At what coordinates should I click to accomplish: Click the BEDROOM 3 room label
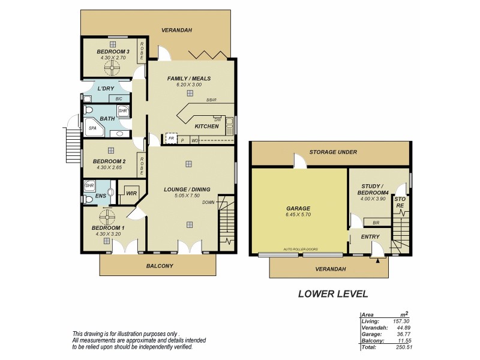click(x=113, y=52)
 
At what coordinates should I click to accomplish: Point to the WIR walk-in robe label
click(x=131, y=193)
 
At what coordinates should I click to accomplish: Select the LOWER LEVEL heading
click(x=333, y=294)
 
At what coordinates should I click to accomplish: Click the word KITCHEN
click(x=207, y=126)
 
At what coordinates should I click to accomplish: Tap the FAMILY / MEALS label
click(x=188, y=79)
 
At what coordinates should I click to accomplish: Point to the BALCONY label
click(x=160, y=266)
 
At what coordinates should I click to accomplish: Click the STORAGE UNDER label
click(x=333, y=152)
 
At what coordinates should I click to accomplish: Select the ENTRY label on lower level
click(x=370, y=237)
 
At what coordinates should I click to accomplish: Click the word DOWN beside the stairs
click(x=208, y=203)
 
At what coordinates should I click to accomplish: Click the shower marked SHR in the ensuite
click(x=89, y=186)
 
